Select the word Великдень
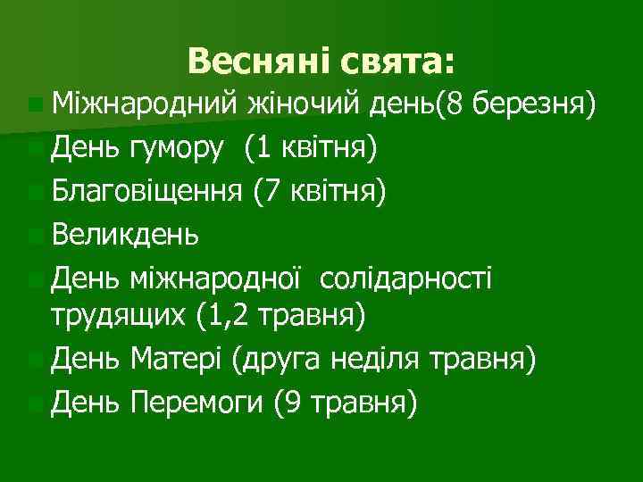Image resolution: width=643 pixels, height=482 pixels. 126,235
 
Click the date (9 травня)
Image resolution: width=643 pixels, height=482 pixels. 346,404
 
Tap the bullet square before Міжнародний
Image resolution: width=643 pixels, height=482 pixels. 34,108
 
